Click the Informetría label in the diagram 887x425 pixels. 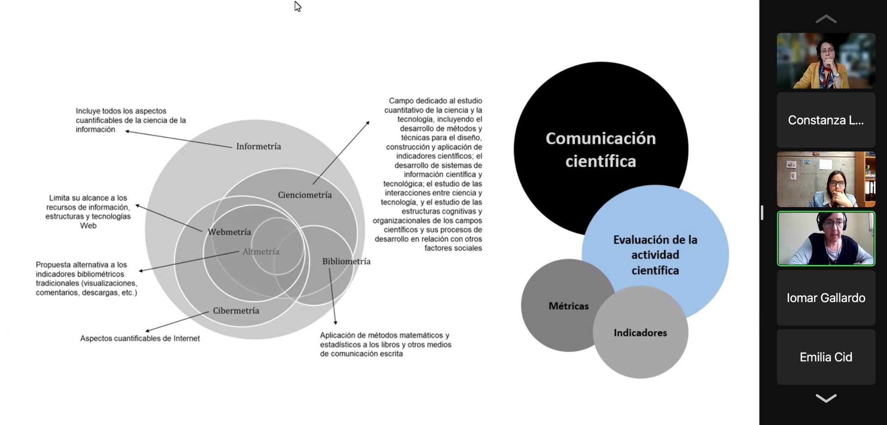coord(258,147)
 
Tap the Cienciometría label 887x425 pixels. coord(304,195)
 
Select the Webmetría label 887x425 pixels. coord(229,232)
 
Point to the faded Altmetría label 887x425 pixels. coord(261,252)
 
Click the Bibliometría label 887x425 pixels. coord(346,262)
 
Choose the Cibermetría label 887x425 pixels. coord(236,311)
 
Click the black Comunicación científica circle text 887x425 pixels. coord(601,150)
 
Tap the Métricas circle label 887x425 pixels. coord(568,306)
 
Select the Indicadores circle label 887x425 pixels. coord(640,333)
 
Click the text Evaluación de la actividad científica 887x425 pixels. coord(655,255)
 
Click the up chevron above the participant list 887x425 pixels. coord(826,19)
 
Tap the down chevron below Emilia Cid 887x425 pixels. coord(826,398)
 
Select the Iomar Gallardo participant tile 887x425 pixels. coord(826,298)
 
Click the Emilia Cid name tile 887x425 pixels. coord(826,357)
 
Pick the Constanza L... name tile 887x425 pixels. coord(826,121)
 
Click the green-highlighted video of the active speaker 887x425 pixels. coord(826,239)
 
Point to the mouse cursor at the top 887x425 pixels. coord(298,6)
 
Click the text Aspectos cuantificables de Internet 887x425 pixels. coord(140,339)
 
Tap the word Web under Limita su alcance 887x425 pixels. coord(88,226)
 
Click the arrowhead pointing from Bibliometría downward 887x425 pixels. coord(335,322)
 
